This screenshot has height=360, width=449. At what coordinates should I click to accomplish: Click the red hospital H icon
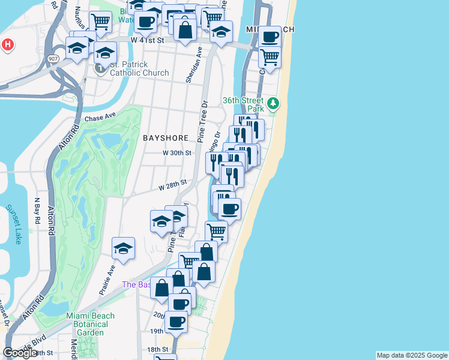[x=7, y=44]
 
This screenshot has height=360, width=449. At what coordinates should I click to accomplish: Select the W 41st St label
[x=147, y=40]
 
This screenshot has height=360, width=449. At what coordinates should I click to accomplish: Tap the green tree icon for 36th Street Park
[x=274, y=104]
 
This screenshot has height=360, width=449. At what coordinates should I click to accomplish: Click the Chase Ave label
[x=100, y=118]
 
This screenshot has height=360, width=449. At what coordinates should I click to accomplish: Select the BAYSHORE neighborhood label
[x=166, y=138]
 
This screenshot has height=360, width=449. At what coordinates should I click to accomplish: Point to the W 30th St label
[x=177, y=153]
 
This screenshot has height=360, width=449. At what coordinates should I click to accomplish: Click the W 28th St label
[x=173, y=185]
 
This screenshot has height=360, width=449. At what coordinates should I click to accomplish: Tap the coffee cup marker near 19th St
[x=176, y=321]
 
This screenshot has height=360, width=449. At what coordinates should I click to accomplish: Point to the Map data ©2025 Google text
[x=412, y=355]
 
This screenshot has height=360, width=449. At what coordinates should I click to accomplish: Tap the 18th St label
[x=158, y=349]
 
